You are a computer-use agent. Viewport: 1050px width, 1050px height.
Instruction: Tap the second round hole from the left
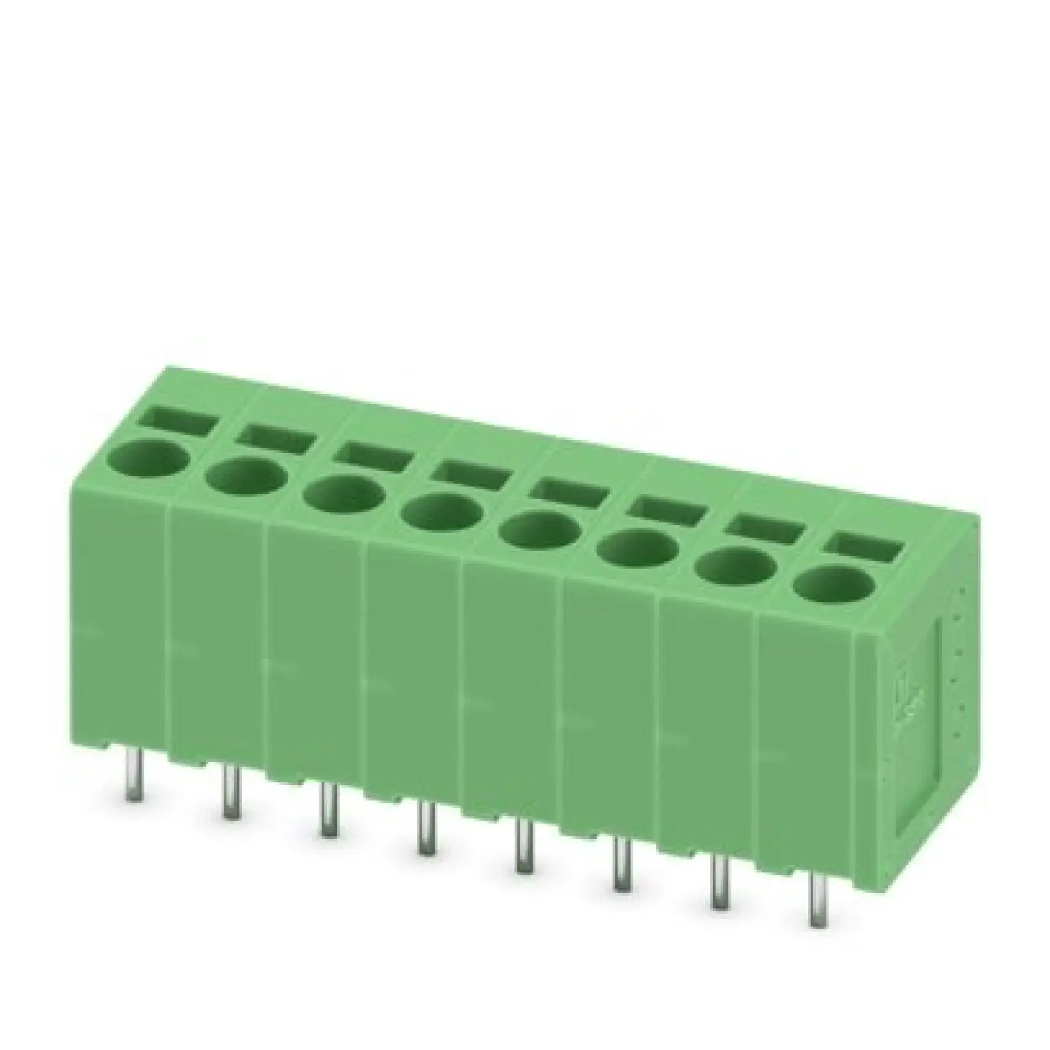pyautogui.click(x=246, y=480)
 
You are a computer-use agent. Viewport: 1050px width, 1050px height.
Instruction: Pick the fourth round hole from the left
pyautogui.click(x=441, y=516)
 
